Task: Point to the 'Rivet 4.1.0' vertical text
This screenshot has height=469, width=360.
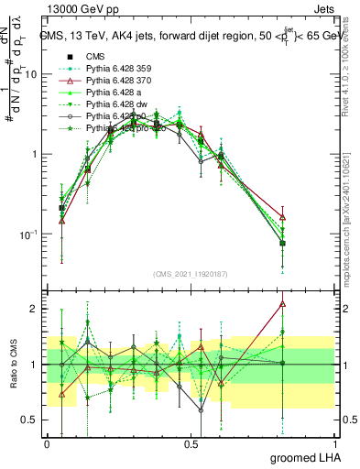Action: [352, 64]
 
